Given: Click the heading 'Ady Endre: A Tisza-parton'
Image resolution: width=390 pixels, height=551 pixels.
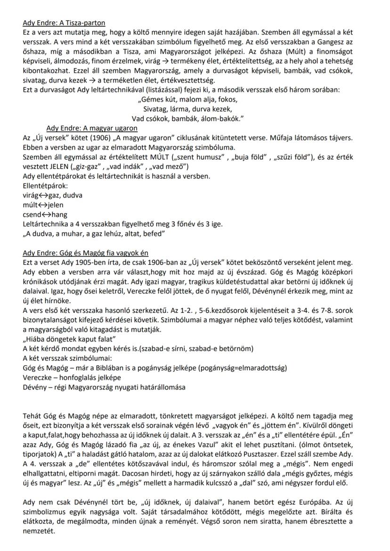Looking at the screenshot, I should [x=64, y=23].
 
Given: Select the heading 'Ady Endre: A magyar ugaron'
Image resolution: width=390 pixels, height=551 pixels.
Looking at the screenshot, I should [x=92, y=128].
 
